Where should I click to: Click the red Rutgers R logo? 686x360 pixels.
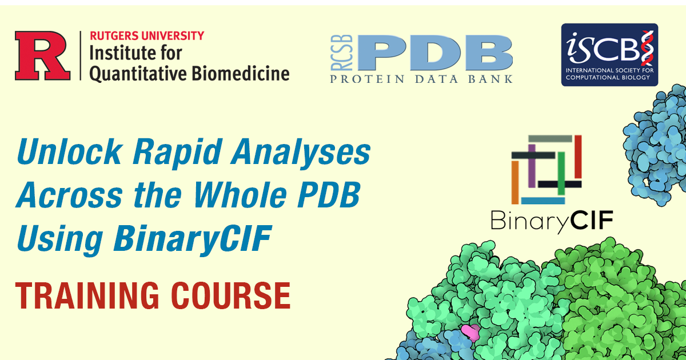pos(43,55)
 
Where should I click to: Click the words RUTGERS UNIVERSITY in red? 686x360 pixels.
pos(146,35)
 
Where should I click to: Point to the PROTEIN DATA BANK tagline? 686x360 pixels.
pos(421,79)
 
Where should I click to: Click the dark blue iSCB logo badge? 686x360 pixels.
pos(609,55)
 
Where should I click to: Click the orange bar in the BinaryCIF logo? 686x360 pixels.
pos(515,181)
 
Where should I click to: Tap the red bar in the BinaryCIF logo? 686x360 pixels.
pos(578,157)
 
